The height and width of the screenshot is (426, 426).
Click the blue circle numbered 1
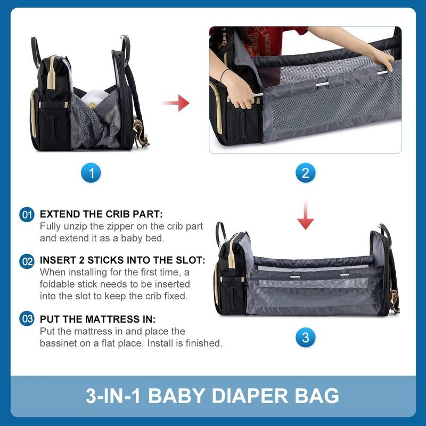[x=91, y=173]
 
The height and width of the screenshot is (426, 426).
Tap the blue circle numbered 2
[x=305, y=173]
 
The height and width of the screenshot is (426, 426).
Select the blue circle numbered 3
[x=305, y=338]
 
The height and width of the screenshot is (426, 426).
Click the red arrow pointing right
[x=176, y=103]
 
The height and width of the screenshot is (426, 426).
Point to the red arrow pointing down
[x=305, y=216]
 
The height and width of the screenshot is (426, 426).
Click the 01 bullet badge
[x=27, y=215]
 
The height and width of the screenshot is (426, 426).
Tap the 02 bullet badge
[x=27, y=261]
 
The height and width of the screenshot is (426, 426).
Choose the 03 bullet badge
[x=27, y=318]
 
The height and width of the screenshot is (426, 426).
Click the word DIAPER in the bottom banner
[x=250, y=396]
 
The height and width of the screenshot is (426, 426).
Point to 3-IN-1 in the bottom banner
[x=113, y=396]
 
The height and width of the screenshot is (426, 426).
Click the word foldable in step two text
[x=57, y=284]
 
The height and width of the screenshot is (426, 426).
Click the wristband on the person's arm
[x=224, y=75]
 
